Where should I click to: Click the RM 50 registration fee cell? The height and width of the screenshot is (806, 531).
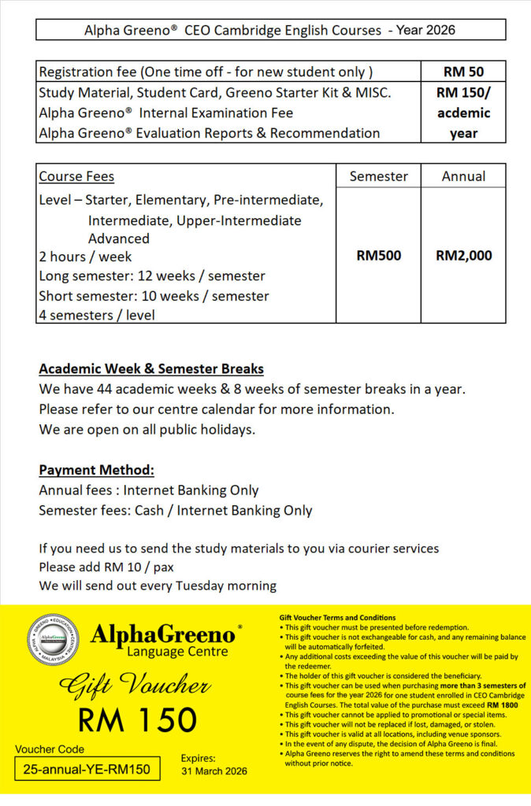[x=463, y=72]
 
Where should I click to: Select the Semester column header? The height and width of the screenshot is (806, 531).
[x=378, y=176]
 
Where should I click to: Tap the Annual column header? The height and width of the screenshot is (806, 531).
[x=463, y=176]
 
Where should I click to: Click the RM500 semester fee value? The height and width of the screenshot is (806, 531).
[x=379, y=256]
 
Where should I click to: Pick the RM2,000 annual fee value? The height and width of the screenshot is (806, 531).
[x=463, y=256]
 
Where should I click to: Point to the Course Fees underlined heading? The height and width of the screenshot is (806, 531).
[x=76, y=176]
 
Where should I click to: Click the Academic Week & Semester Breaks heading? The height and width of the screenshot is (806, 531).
[x=151, y=368]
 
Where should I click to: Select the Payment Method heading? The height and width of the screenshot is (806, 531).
[x=96, y=470]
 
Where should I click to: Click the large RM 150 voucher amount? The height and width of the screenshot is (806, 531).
[x=137, y=719]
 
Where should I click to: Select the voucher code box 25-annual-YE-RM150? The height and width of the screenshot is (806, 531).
[x=87, y=768]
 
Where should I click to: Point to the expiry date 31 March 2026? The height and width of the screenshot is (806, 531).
[x=214, y=771]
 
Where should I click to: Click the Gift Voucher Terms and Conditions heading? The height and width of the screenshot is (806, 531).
[x=337, y=618]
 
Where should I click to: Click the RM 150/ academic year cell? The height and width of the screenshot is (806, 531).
[x=463, y=113]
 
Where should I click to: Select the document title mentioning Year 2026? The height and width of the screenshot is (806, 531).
[x=269, y=31]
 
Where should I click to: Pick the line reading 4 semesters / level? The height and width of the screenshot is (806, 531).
[x=97, y=315]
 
